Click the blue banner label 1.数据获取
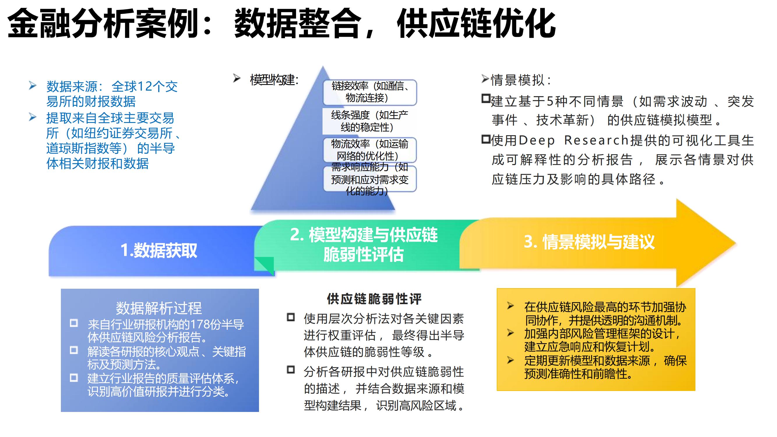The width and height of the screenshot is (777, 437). (159, 250)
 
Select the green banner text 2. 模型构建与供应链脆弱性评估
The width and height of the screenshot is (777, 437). (364, 244)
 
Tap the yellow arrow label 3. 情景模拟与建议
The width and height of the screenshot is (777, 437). (589, 242)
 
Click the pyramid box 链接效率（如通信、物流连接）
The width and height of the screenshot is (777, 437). (369, 92)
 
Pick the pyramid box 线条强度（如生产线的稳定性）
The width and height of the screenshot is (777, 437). (369, 121)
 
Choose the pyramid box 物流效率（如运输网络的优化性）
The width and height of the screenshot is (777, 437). (369, 150)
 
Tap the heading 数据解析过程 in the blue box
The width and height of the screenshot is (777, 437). (159, 308)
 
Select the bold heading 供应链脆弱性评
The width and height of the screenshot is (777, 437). (374, 299)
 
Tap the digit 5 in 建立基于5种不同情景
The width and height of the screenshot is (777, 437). (549, 101)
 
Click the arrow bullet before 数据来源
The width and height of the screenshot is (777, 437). (33, 86)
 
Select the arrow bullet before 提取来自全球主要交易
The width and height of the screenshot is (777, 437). (33, 117)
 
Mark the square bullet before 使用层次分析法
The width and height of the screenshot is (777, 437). (290, 317)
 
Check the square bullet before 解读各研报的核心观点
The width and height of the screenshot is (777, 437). (74, 350)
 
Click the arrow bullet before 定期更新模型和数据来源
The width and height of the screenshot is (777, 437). (510, 360)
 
